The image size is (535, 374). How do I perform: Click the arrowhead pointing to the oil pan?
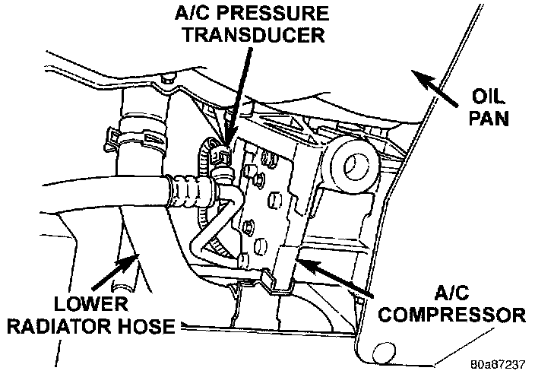pyautogui.click(x=415, y=74)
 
